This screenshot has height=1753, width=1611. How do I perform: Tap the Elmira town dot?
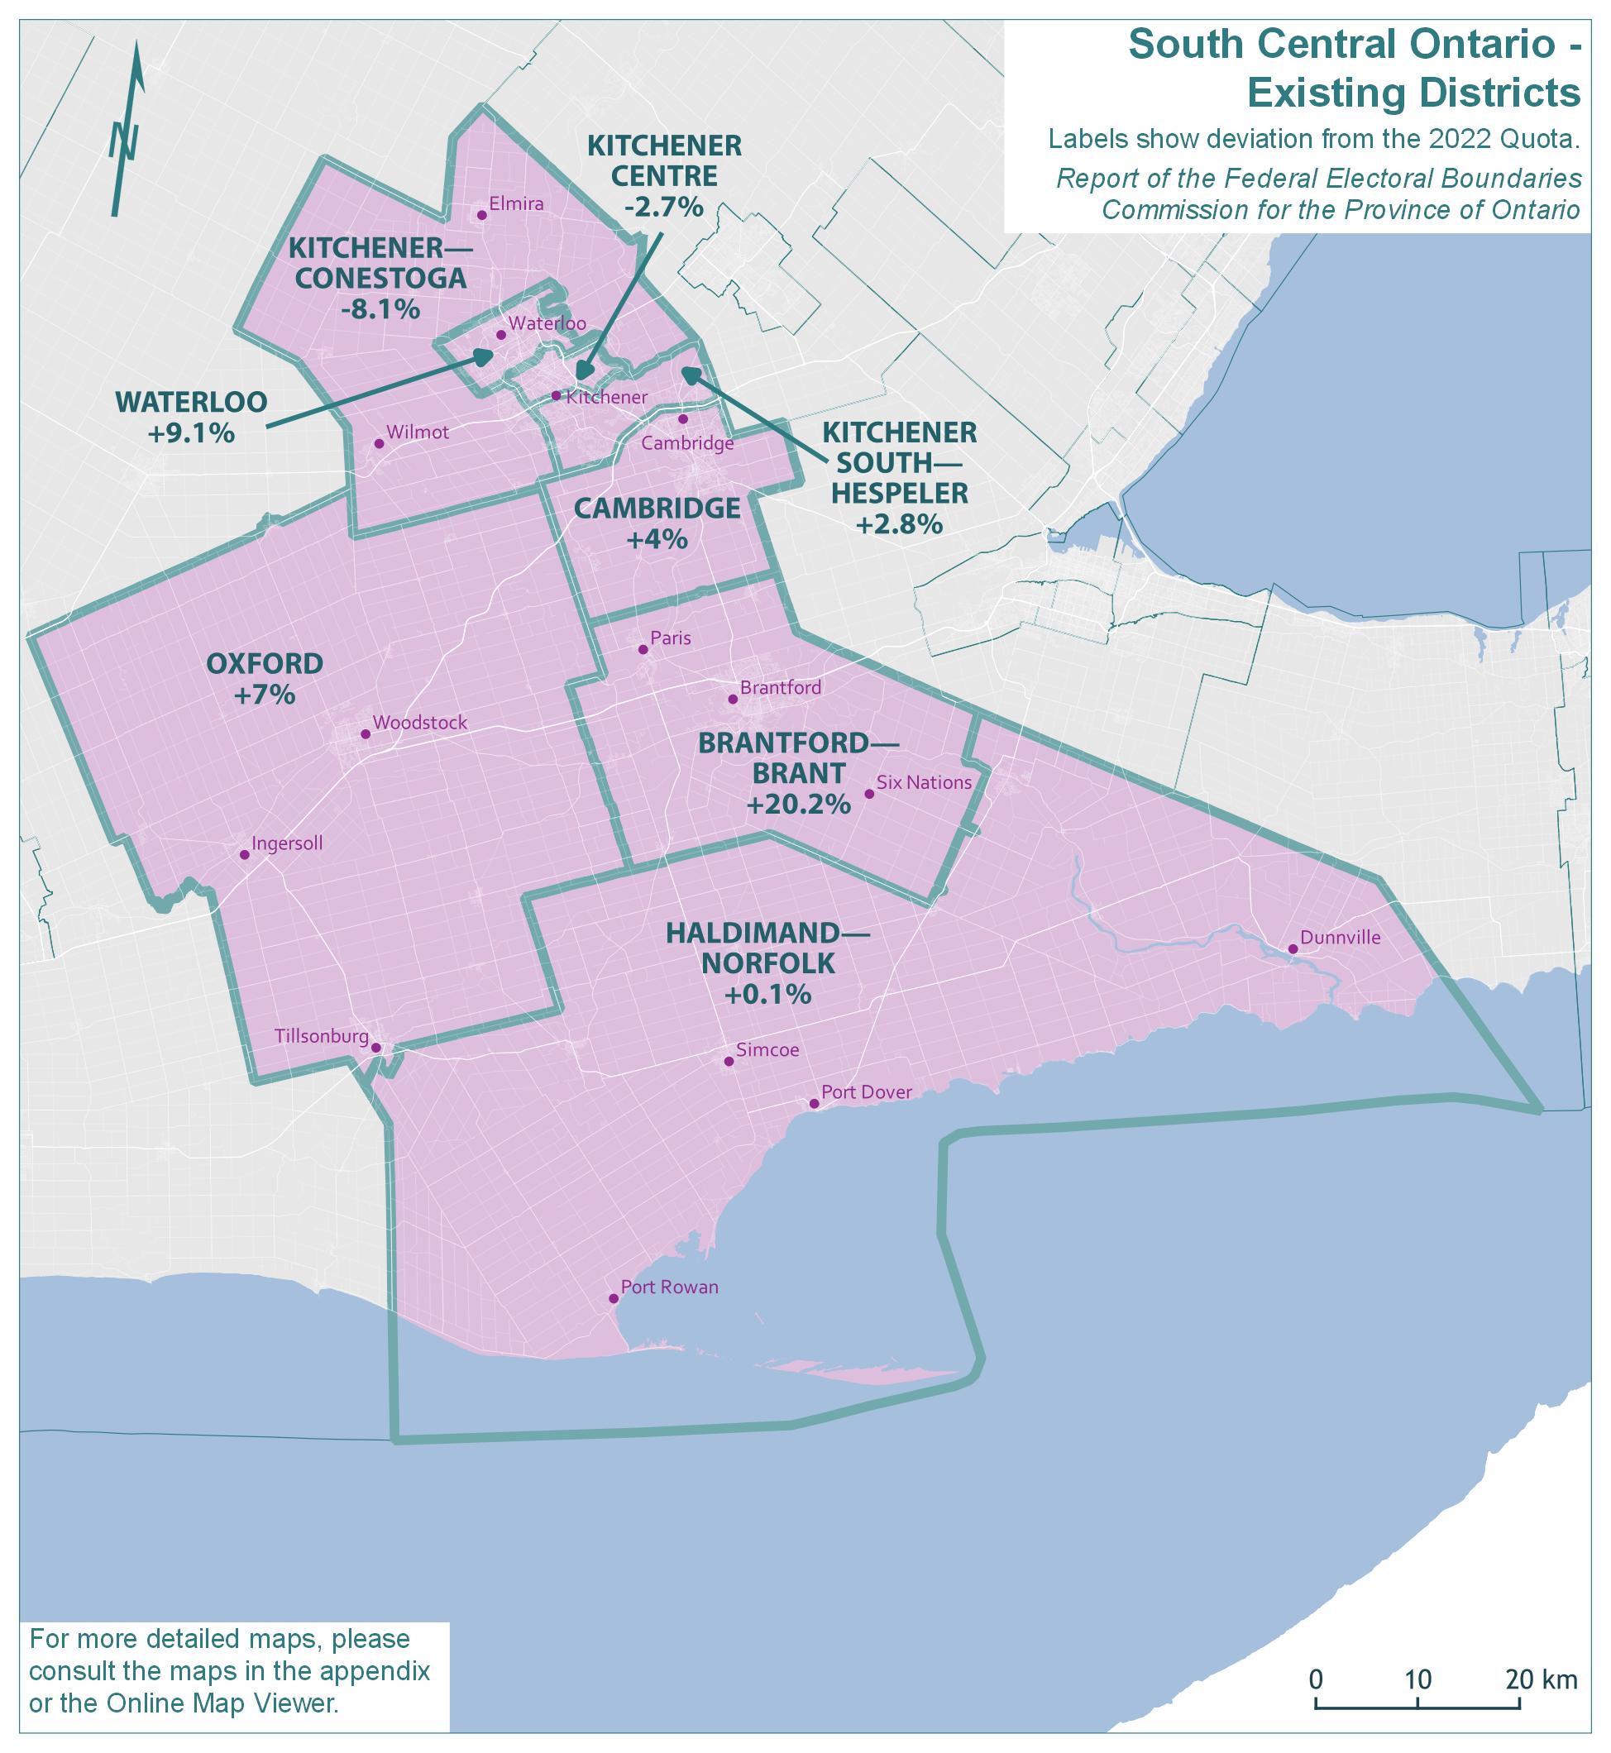[480, 214]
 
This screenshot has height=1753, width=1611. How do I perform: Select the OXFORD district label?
[264, 663]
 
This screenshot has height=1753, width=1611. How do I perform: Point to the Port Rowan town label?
[669, 1287]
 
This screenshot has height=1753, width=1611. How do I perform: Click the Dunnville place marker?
[1293, 948]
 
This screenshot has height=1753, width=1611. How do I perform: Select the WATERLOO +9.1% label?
[191, 417]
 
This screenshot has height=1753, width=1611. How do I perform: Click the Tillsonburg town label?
[321, 1036]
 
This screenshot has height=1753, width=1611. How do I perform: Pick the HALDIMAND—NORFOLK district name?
[767, 948]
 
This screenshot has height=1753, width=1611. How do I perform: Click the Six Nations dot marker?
[868, 793]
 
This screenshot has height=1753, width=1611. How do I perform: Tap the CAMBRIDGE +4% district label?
[657, 522]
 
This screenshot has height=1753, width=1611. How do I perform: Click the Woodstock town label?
[419, 723]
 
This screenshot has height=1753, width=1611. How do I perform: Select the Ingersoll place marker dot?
[245, 854]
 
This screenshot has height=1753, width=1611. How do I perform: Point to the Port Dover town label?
[866, 1092]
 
